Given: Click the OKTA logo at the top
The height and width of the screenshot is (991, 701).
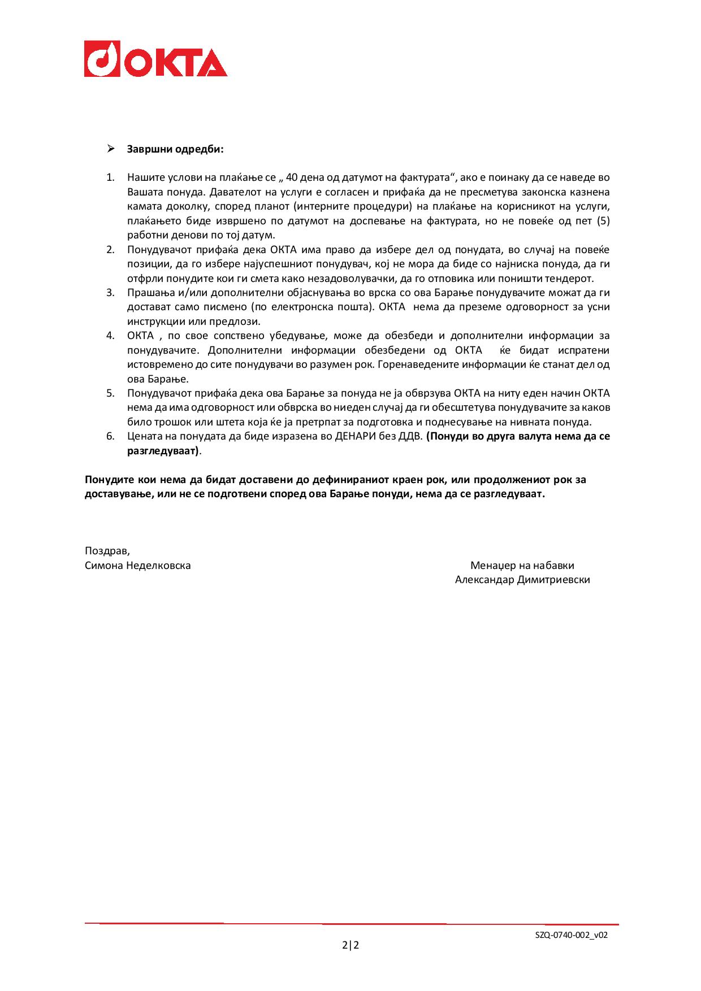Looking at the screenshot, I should coord(155,59).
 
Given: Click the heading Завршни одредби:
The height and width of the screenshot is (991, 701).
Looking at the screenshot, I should coord(175,150).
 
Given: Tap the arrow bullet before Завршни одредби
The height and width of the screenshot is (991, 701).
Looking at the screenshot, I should coord(111,149).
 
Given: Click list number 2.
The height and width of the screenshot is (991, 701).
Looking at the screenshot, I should coord(110,249).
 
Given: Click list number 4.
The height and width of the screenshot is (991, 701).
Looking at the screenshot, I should coord(110,336).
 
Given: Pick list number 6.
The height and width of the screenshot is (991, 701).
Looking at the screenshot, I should coord(110,436).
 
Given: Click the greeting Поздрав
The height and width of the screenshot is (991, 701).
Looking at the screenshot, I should coord(107,551).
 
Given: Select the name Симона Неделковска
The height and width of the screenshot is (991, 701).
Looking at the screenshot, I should coord(137,566).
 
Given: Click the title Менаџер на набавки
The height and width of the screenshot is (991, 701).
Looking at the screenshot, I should coord(522,566).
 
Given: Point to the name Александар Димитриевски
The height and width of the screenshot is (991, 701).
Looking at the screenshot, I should coord(522,580).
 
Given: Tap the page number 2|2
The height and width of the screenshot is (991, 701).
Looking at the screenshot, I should coord(350,945).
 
